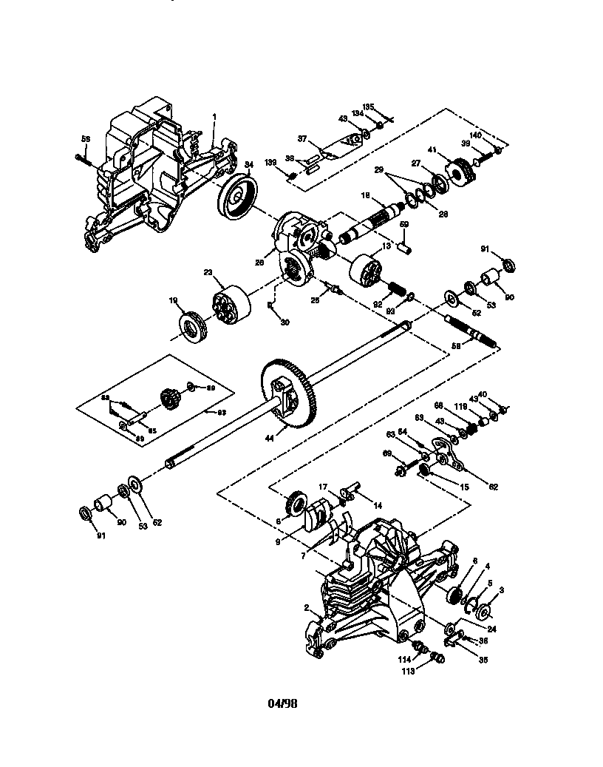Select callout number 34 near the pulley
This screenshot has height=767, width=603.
[249, 164]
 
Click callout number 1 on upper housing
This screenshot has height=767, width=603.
[214, 117]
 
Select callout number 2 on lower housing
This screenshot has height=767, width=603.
[307, 607]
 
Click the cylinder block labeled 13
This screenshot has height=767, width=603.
[367, 271]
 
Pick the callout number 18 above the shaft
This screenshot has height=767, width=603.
[365, 195]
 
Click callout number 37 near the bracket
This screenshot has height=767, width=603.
[301, 138]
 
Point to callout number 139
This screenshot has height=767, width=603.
[271, 162]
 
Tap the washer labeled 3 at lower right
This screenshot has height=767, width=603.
[486, 612]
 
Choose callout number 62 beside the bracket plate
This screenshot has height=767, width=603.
[494, 487]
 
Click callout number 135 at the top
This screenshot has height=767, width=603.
[368, 107]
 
